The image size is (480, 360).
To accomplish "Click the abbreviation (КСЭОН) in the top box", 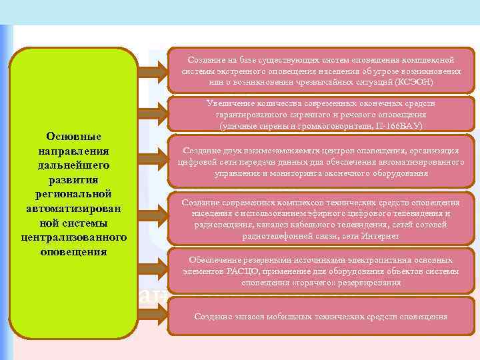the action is point(413,82).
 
